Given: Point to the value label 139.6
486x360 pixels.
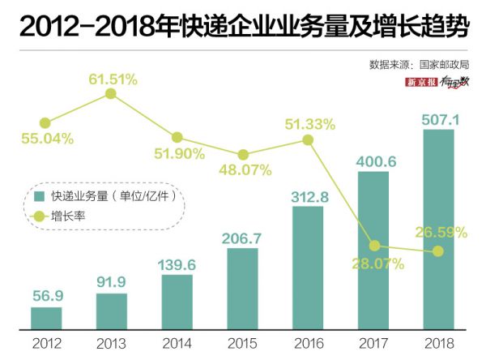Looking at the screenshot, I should (x=177, y=264).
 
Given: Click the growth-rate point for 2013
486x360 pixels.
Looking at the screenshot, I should (x=112, y=95).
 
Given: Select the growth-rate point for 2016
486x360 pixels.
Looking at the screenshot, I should (x=308, y=139).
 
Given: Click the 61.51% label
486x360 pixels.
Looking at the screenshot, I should (x=113, y=79).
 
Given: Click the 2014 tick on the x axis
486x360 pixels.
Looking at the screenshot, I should (x=177, y=343).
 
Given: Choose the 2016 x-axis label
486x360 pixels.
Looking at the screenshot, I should (x=308, y=343).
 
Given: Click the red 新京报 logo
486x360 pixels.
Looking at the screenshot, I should (x=422, y=82).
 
